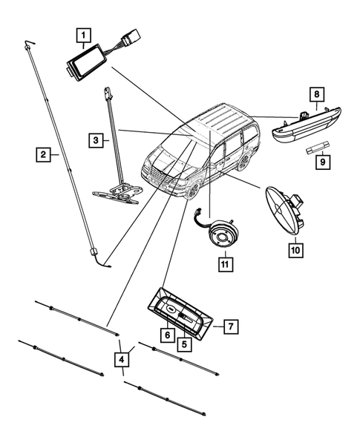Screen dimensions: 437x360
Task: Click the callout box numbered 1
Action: (83, 34)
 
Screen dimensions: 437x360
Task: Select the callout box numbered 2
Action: (44, 154)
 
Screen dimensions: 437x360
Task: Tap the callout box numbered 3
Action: (96, 139)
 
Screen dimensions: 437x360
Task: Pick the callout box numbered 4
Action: (120, 361)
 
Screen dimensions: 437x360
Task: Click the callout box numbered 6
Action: (168, 335)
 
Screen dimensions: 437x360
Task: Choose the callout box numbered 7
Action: (231, 325)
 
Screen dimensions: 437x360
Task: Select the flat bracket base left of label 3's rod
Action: (115, 194)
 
